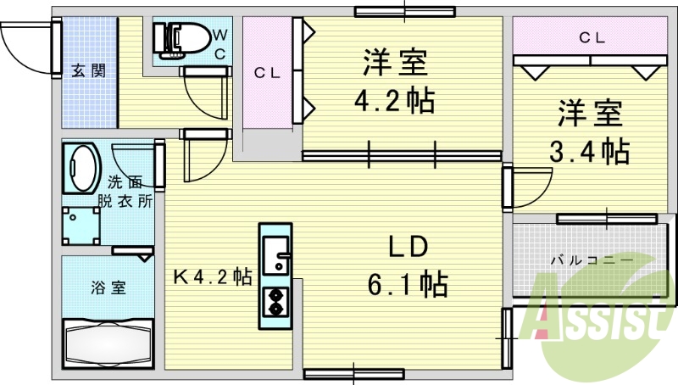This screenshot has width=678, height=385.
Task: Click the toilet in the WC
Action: pos(181,40)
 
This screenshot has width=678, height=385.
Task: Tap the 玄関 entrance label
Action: pos(88,70)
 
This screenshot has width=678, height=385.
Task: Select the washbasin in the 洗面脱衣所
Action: pos(81,168)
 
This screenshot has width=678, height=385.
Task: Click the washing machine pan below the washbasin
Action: pos(81,226)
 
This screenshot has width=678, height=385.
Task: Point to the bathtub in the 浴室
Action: pos(108,343)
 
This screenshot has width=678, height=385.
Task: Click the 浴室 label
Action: pos(108,287)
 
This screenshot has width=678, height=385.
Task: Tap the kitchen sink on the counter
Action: pos(275,255)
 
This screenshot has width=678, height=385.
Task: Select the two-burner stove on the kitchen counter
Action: pos(275,302)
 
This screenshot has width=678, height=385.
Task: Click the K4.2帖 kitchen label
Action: pos(213,276)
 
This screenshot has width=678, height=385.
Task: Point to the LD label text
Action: pos(408,247)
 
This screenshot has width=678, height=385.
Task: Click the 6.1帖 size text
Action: pos(408,284)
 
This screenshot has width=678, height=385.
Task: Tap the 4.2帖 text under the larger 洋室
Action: pos(394,101)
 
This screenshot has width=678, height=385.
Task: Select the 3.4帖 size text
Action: pos(589,151)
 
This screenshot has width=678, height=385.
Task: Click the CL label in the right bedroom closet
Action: pos(592,38)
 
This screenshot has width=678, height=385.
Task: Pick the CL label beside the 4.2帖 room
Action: pos(267,73)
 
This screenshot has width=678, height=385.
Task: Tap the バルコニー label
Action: pos(592,260)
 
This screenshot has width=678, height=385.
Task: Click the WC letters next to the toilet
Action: pos(220,44)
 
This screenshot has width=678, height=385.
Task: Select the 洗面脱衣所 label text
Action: pos(125,192)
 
